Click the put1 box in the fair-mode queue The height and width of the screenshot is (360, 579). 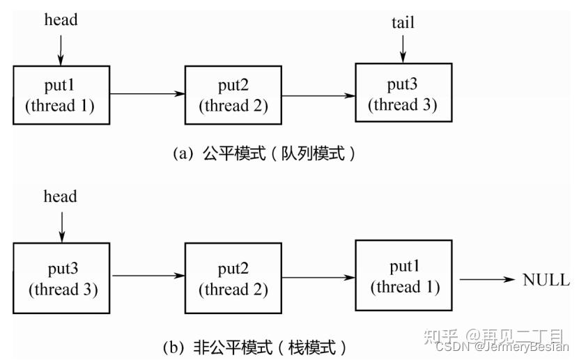(61, 95)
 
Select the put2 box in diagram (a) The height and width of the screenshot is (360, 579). (233, 95)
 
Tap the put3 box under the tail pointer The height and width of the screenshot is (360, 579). (403, 94)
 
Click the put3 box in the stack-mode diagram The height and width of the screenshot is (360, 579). (61, 278)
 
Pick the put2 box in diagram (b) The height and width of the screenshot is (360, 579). (233, 278)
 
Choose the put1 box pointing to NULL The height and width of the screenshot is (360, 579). (403, 276)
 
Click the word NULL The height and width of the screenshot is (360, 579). (546, 281)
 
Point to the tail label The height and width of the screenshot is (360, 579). (403, 22)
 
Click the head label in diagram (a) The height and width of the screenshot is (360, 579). (61, 19)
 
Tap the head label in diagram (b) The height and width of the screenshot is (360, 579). (61, 196)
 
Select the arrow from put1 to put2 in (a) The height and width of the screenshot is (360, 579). (147, 94)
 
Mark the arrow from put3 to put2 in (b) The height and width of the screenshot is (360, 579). (147, 276)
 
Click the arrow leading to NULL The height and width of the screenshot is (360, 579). (487, 280)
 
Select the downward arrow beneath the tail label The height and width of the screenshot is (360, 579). (403, 48)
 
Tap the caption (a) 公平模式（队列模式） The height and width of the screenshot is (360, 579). (264, 154)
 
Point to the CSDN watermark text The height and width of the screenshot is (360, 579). (501, 346)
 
